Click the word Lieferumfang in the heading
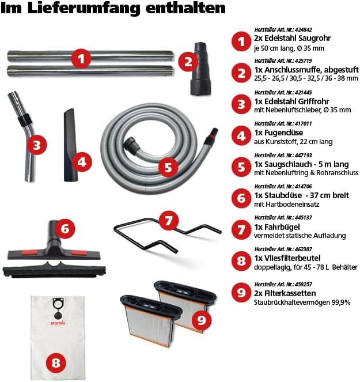(84, 8)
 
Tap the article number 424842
(303, 30)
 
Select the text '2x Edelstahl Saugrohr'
(292, 38)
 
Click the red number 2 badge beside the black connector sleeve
(188, 62)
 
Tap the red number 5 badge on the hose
(168, 167)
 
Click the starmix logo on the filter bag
(58, 323)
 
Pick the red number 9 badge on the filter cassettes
(202, 320)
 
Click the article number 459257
(303, 284)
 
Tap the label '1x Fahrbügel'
(277, 227)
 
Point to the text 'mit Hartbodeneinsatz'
(286, 204)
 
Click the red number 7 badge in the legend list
(241, 229)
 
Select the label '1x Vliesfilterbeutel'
(287, 258)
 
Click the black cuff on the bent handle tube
(25, 120)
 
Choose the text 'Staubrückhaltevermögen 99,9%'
(302, 302)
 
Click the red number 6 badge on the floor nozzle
(65, 229)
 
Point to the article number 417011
(303, 123)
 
